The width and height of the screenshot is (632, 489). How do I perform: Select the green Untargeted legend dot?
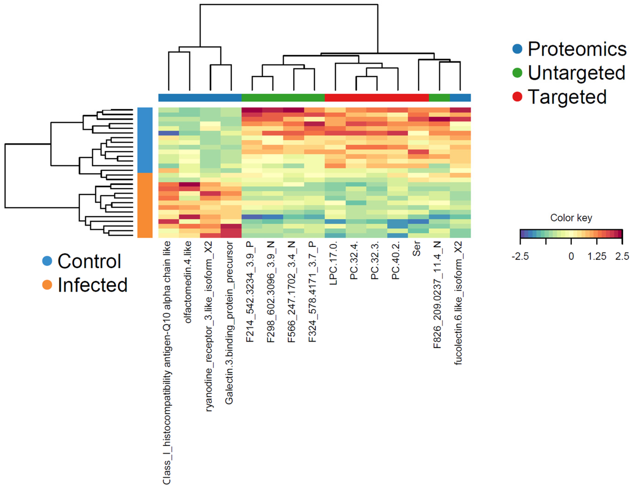click(x=517, y=73)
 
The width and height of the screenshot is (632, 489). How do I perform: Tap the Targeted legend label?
click(x=567, y=97)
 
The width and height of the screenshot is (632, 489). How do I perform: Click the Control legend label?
click(x=89, y=261)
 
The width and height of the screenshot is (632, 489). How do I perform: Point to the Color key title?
click(x=571, y=218)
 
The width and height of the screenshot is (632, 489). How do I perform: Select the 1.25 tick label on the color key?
click(x=597, y=256)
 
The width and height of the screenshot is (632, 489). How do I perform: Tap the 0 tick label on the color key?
click(x=571, y=256)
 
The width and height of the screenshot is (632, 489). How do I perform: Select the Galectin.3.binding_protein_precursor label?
click(x=229, y=323)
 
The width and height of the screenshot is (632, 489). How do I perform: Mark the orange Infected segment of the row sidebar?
click(x=145, y=205)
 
